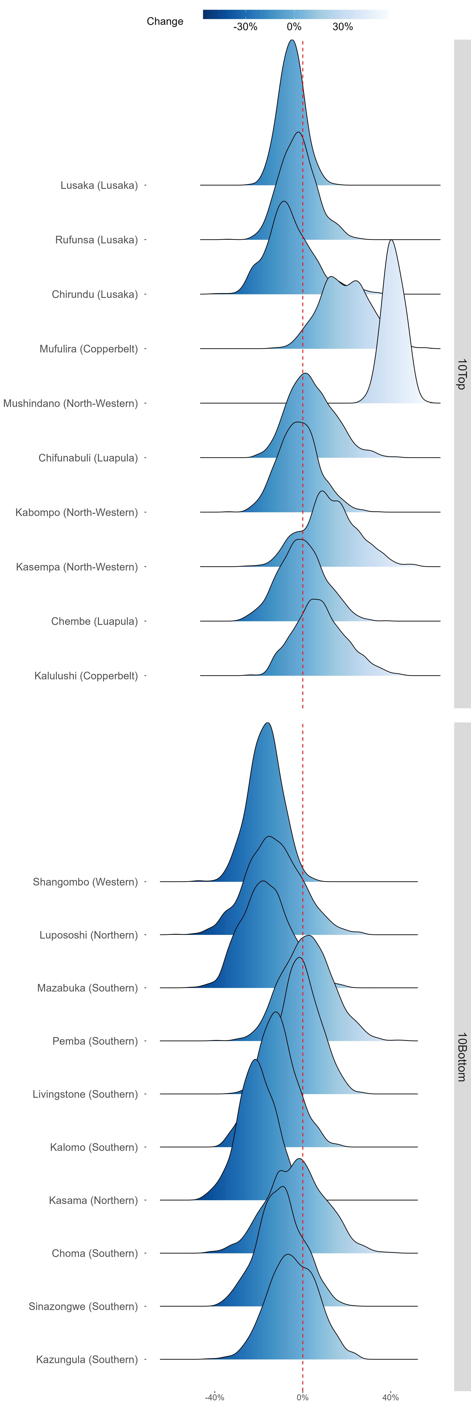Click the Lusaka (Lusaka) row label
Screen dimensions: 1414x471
point(99,186)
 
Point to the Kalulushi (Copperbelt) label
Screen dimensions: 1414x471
point(86,676)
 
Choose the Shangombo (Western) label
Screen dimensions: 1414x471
point(86,882)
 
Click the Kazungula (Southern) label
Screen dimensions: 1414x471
point(87,1360)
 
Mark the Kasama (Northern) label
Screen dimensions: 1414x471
point(93,1200)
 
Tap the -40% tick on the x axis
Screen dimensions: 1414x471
point(214,1398)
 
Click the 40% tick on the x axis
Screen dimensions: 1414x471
point(390,1398)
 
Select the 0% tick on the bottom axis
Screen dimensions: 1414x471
point(303,1398)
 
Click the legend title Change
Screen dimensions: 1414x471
point(165,21)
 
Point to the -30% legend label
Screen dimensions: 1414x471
point(245,27)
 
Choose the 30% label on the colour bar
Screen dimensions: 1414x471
point(343,27)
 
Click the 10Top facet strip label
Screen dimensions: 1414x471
point(462,374)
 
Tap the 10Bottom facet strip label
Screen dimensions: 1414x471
point(462,1057)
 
